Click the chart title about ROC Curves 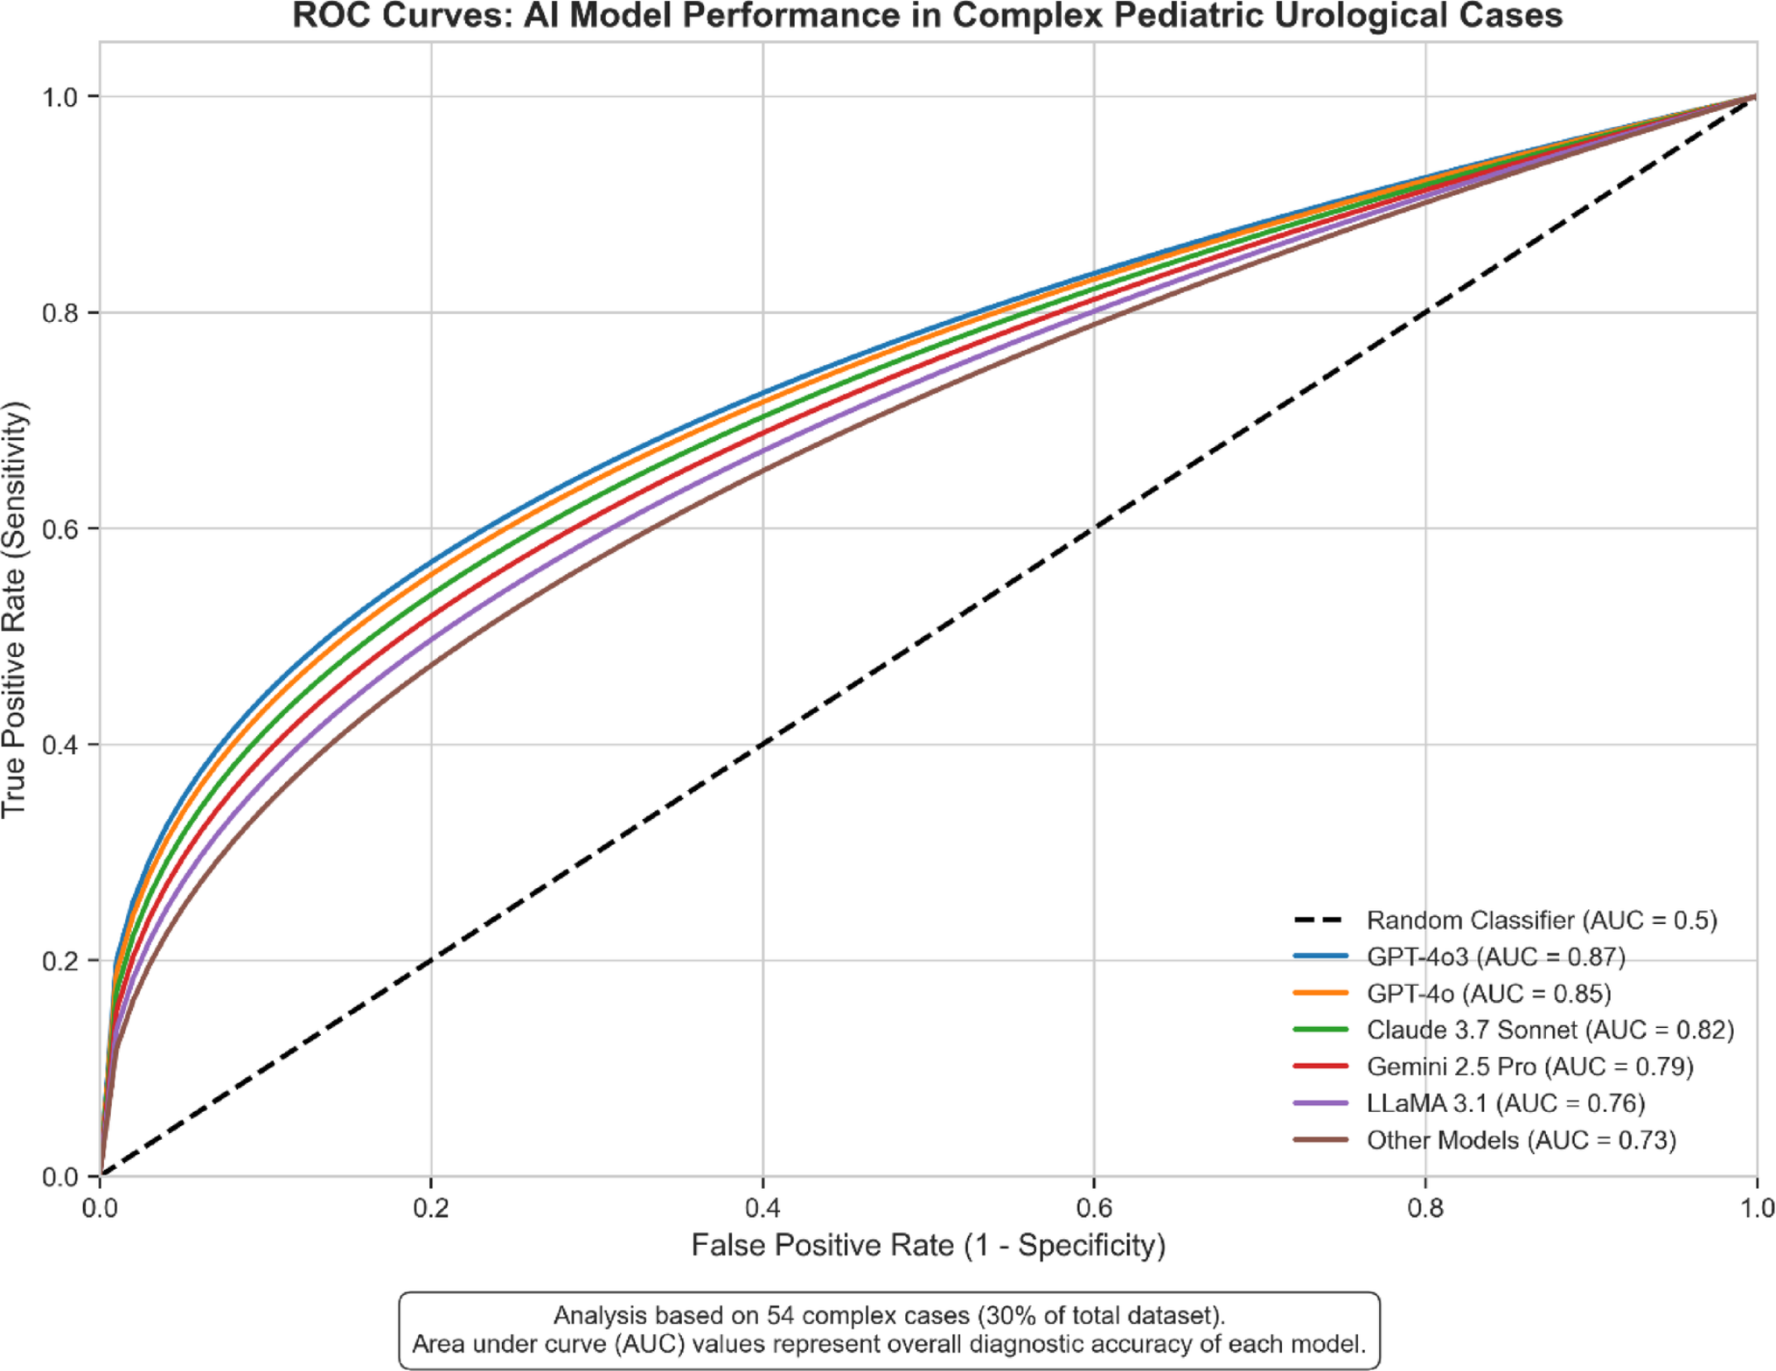[x=927, y=17]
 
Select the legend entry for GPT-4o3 [x=1495, y=957]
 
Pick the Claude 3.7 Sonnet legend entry [x=1550, y=1030]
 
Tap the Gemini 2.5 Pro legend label [x=1529, y=1067]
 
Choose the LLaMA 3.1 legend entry [x=1505, y=1103]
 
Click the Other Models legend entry [x=1521, y=1140]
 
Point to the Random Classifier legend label [x=1542, y=920]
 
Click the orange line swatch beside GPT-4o [x=1320, y=993]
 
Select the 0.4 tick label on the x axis [x=763, y=1208]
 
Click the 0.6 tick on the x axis [x=1094, y=1208]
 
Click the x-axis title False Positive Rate [x=928, y=1245]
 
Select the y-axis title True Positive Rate [x=15, y=610]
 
